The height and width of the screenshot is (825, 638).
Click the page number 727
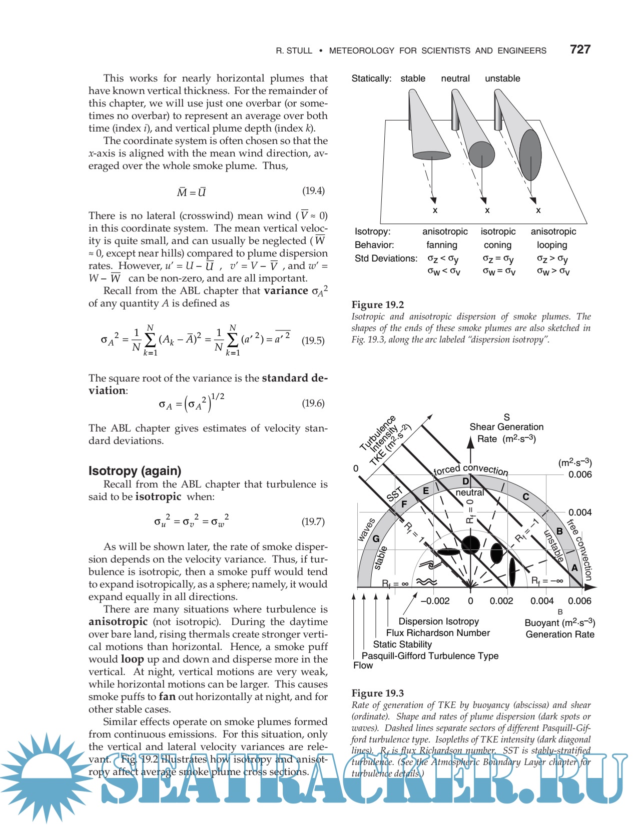pyautogui.click(x=580, y=49)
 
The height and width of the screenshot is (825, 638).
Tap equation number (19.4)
pyautogui.click(x=313, y=190)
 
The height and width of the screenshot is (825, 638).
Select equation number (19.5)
pyautogui.click(x=313, y=340)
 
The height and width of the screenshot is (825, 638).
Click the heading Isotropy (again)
pyautogui.click(x=135, y=470)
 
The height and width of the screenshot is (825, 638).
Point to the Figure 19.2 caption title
pyautogui.click(x=378, y=304)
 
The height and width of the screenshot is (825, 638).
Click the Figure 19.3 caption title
pyautogui.click(x=378, y=693)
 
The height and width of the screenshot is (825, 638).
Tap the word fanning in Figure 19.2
pyautogui.click(x=441, y=245)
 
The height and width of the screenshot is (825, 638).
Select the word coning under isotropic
pyautogui.click(x=497, y=245)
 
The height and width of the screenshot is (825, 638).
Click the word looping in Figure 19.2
pyautogui.click(x=552, y=245)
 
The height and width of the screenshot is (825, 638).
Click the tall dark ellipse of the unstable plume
pyautogui.click(x=530, y=154)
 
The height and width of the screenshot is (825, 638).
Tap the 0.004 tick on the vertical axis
pyautogui.click(x=580, y=512)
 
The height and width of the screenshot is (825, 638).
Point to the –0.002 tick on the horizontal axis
pyautogui.click(x=435, y=601)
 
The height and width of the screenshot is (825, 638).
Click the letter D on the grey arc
pyautogui.click(x=465, y=481)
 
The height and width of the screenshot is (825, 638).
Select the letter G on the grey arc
pyautogui.click(x=376, y=539)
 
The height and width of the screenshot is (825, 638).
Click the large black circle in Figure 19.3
pyautogui.click(x=470, y=544)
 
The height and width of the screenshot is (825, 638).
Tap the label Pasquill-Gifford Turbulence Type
pyautogui.click(x=430, y=655)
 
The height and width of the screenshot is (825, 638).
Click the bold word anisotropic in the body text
pyautogui.click(x=118, y=621)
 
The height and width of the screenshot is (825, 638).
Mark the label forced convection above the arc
pyautogui.click(x=470, y=469)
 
